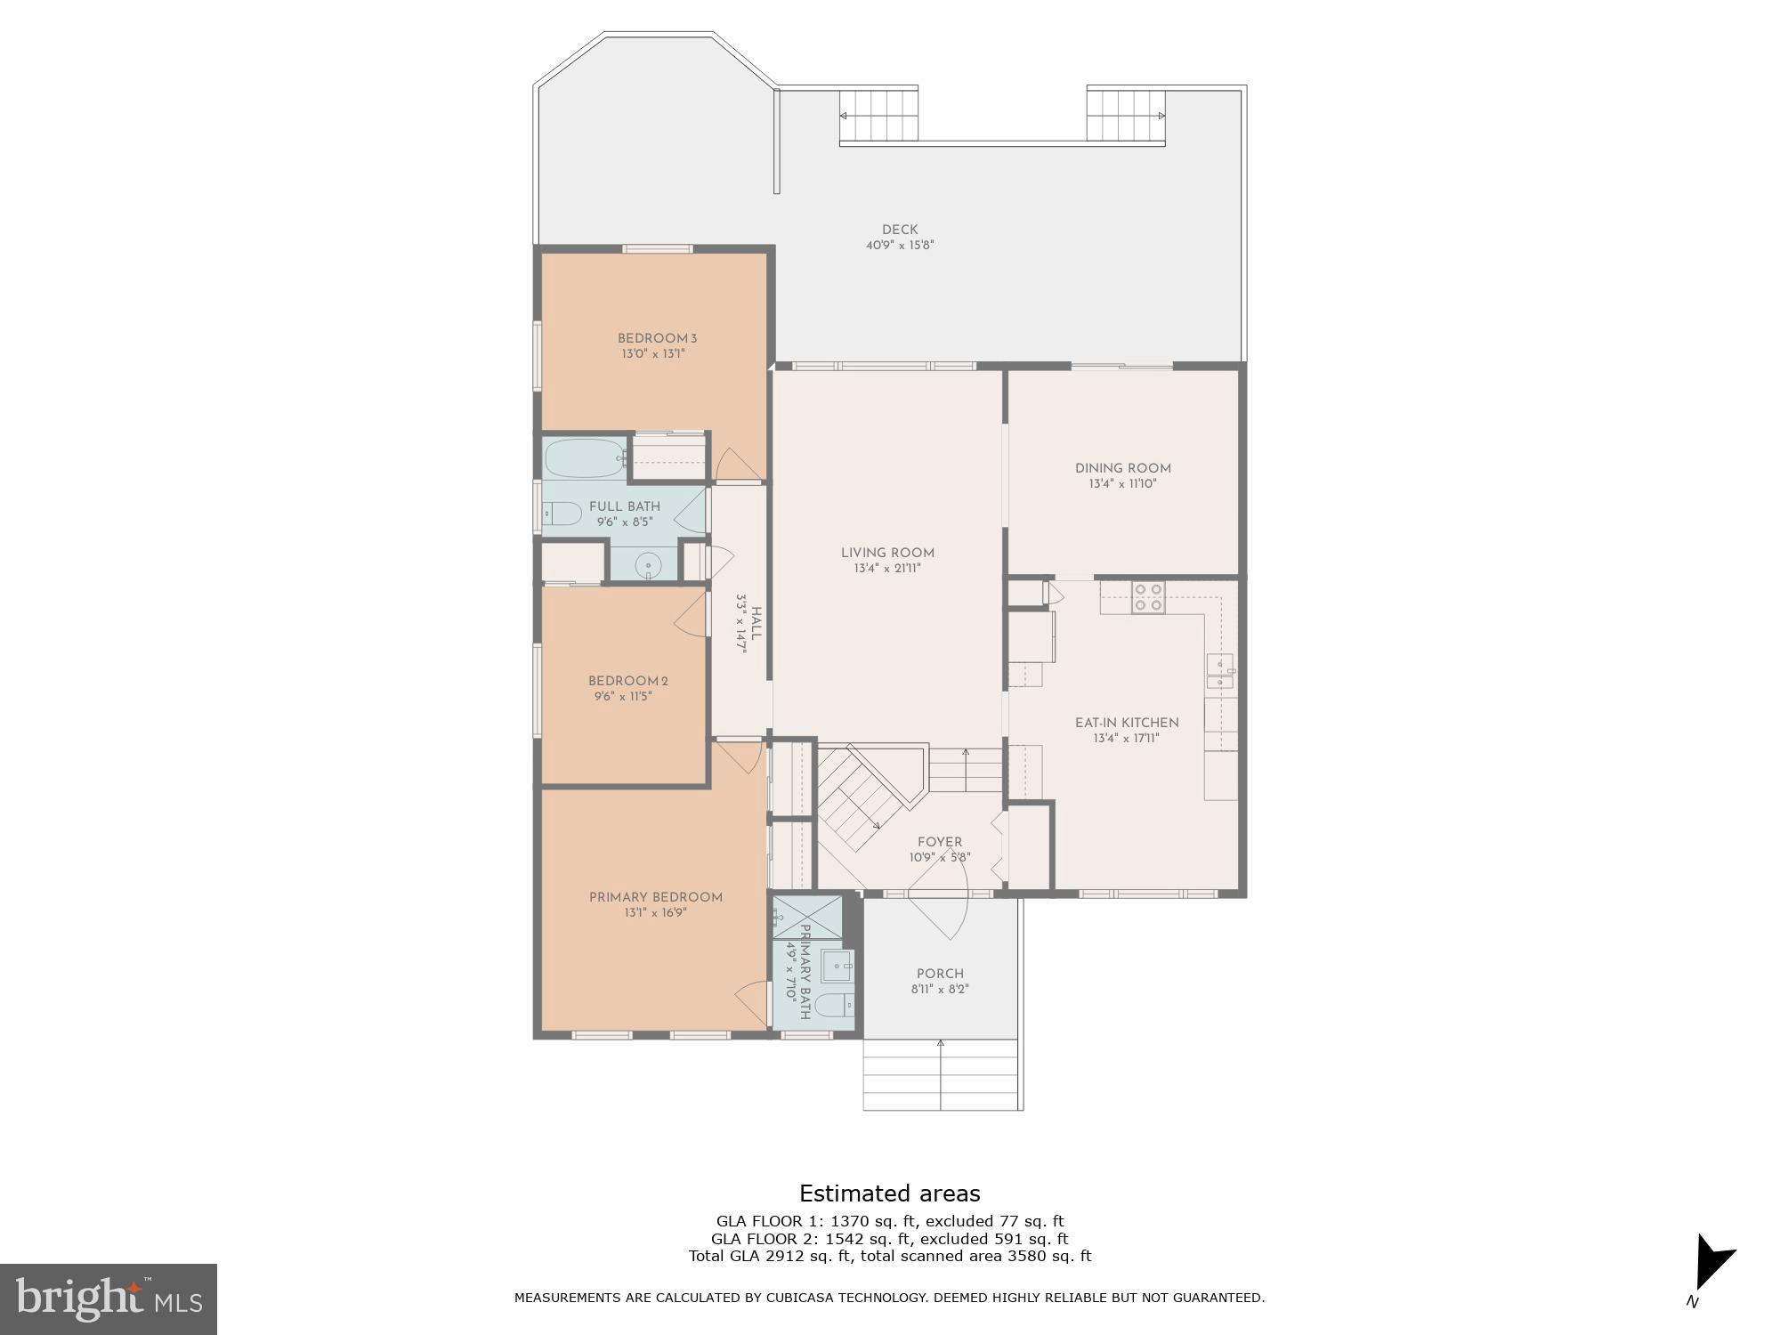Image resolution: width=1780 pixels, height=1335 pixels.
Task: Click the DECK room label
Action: click(900, 230)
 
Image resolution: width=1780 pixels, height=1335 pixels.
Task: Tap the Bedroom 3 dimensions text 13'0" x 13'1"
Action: click(653, 354)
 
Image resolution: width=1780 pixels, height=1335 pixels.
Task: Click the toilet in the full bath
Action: click(561, 514)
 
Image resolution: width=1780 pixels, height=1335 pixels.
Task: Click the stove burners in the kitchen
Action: click(1148, 597)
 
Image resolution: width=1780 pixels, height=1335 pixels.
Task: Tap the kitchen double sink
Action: click(1219, 671)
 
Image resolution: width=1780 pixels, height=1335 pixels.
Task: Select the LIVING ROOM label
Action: click(887, 553)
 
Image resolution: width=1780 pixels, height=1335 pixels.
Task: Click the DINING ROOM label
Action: click(1122, 468)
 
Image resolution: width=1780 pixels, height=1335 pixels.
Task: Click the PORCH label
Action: click(940, 974)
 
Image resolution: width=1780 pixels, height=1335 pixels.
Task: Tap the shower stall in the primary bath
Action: click(807, 917)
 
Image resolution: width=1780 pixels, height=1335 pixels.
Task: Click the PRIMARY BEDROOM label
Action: click(655, 897)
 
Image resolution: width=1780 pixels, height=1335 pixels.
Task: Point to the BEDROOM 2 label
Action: click(627, 681)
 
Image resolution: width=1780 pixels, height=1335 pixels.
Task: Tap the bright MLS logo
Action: click(108, 1299)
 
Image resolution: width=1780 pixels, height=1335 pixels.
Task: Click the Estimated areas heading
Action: click(889, 1193)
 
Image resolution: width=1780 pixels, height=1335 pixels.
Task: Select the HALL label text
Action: click(756, 624)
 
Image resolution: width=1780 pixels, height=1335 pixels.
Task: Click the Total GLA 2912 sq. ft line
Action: click(889, 1256)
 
